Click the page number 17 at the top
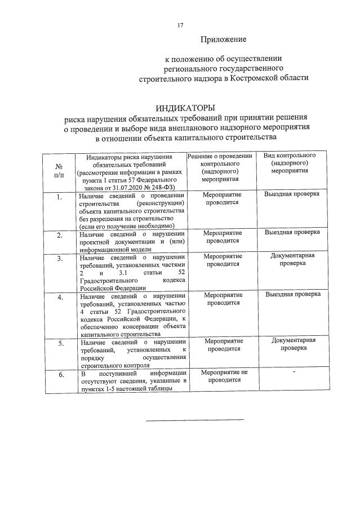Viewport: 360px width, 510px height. tap(180, 24)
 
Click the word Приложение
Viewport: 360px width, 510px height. tap(224, 39)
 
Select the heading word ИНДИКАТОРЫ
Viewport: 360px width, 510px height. tap(185, 108)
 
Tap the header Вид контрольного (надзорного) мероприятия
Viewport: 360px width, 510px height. tap(289, 162)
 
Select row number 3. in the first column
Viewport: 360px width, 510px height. tap(59, 259)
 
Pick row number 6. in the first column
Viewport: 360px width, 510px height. tap(59, 374)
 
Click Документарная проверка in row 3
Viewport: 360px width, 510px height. tap(293, 259)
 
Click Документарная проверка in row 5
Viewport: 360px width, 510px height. tap(293, 344)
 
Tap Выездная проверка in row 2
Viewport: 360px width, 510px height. tap(292, 232)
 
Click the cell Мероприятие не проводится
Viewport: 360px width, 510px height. tap(224, 376)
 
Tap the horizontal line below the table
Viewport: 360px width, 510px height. tap(195, 419)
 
